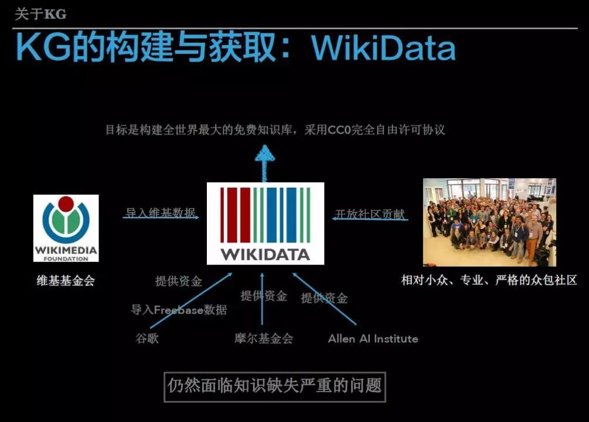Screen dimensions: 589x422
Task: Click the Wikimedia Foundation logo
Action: click(x=66, y=228)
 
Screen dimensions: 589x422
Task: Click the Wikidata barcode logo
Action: click(x=265, y=223)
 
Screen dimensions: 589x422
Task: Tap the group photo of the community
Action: click(x=489, y=222)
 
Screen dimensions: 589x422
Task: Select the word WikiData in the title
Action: click(x=384, y=47)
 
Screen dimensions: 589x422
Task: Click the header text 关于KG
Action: click(x=40, y=14)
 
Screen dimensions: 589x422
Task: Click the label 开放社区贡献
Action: click(x=370, y=214)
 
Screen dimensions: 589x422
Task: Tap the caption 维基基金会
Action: click(x=66, y=281)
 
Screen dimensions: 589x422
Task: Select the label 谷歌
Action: click(x=147, y=338)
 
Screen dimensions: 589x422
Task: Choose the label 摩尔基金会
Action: click(x=263, y=338)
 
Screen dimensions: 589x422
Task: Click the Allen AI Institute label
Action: click(x=373, y=339)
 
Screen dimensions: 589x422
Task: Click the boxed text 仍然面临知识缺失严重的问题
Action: click(x=274, y=386)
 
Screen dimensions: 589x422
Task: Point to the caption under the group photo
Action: click(x=489, y=280)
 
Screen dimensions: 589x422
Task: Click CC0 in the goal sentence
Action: click(x=342, y=130)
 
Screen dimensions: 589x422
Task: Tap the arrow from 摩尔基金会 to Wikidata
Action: click(x=262, y=302)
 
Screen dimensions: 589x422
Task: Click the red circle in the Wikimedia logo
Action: click(x=66, y=204)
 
